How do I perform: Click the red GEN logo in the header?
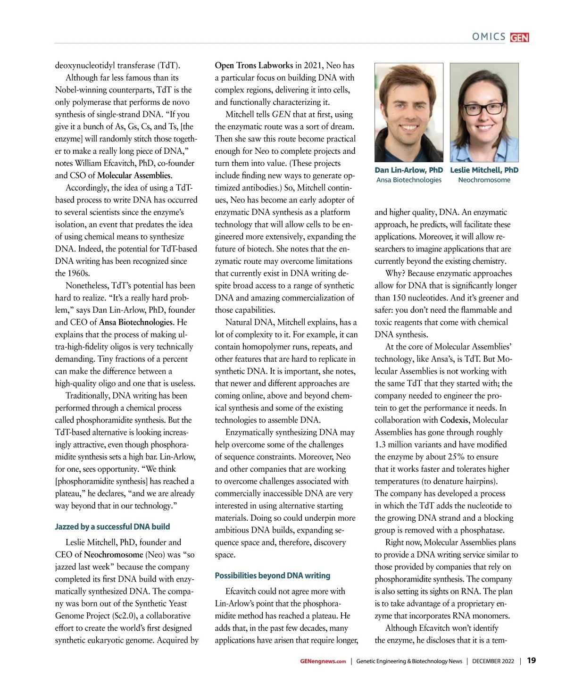click(x=519, y=38)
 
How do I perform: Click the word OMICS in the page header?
click(x=489, y=37)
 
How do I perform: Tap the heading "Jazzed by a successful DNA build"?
click(x=112, y=526)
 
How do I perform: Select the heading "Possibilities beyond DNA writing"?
click(x=272, y=576)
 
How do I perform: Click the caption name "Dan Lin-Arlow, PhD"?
click(x=408, y=170)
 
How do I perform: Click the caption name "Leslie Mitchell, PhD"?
click(x=484, y=170)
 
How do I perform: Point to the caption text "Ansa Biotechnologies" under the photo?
click(x=408, y=180)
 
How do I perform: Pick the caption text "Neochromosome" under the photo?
click(x=484, y=180)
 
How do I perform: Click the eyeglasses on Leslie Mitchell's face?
click(x=484, y=109)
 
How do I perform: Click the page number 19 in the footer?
click(x=531, y=660)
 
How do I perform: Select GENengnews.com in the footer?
click(x=323, y=661)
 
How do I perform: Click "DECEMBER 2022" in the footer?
click(x=493, y=661)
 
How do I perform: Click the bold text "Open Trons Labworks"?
click(x=254, y=65)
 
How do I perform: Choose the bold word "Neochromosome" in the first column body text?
click(x=113, y=555)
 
